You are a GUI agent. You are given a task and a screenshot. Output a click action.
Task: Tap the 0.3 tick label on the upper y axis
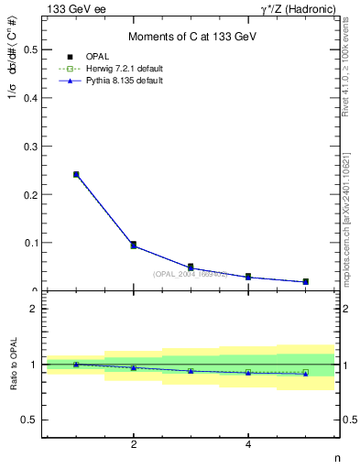pyautogui.click(x=30, y=146)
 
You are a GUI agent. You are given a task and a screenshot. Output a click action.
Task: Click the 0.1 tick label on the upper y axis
pyautogui.click(x=30, y=243)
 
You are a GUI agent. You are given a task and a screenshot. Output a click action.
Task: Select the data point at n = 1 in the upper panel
pyautogui.click(x=76, y=174)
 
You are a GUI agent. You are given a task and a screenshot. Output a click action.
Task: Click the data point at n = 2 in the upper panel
pyautogui.click(x=134, y=245)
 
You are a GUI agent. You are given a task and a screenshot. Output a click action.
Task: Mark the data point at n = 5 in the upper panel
pyautogui.click(x=306, y=281)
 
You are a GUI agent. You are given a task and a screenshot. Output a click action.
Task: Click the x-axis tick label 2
pyautogui.click(x=134, y=445)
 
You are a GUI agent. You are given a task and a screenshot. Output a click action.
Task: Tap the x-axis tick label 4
pyautogui.click(x=248, y=445)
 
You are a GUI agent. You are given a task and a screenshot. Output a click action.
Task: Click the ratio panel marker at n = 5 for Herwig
pyautogui.click(x=306, y=372)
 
